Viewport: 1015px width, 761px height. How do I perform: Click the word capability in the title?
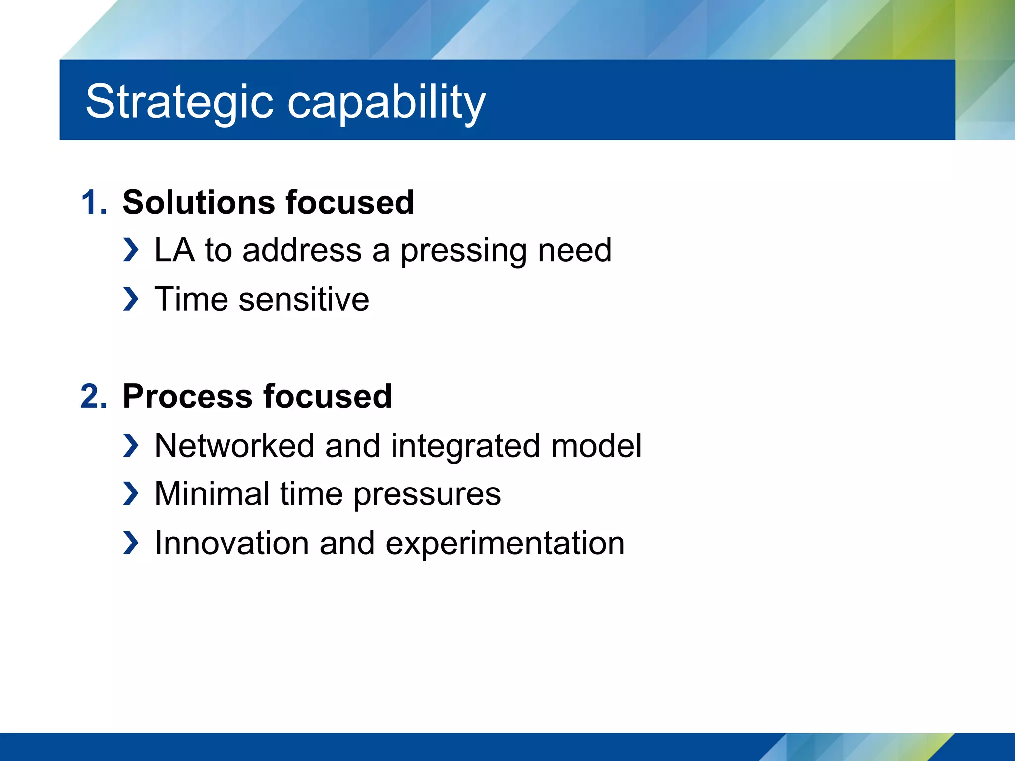387,102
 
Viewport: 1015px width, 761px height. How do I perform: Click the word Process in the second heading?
187,397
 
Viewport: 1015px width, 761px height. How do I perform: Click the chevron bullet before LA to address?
131,250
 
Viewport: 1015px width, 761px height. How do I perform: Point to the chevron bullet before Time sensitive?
131,299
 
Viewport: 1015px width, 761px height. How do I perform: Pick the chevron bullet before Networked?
131,445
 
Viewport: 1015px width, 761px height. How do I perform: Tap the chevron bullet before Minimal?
131,494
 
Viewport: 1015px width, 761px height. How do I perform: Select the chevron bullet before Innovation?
131,543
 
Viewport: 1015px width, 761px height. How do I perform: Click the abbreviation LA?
174,250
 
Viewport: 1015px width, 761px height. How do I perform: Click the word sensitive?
304,299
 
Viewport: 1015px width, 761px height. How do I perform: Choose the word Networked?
234,445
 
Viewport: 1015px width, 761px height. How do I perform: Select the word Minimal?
212,494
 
